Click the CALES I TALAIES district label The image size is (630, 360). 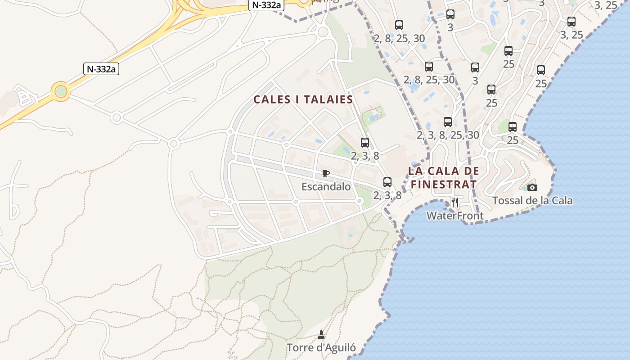click(x=303, y=99)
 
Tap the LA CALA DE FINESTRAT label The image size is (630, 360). click(x=443, y=178)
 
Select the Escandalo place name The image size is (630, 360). click(x=326, y=186)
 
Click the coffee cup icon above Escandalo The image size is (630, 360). click(x=326, y=174)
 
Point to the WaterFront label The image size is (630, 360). click(x=454, y=216)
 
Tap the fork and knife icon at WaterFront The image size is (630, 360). click(x=455, y=202)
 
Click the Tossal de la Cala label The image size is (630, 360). click(x=532, y=200)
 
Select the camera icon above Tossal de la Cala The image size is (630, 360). click(x=532, y=187)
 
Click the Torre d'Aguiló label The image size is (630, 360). click(x=321, y=347)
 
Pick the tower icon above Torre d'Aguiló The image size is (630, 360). click(x=321, y=335)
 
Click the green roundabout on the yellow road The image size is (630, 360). click(x=61, y=91)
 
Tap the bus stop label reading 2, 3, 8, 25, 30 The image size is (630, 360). click(x=448, y=135)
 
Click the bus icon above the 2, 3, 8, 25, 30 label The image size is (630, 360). click(x=447, y=122)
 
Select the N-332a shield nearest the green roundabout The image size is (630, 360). click(x=101, y=69)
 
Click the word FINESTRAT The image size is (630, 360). click(x=443, y=184)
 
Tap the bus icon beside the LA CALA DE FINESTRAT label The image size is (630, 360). click(x=387, y=182)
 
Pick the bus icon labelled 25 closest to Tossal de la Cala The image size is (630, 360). click(x=512, y=127)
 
